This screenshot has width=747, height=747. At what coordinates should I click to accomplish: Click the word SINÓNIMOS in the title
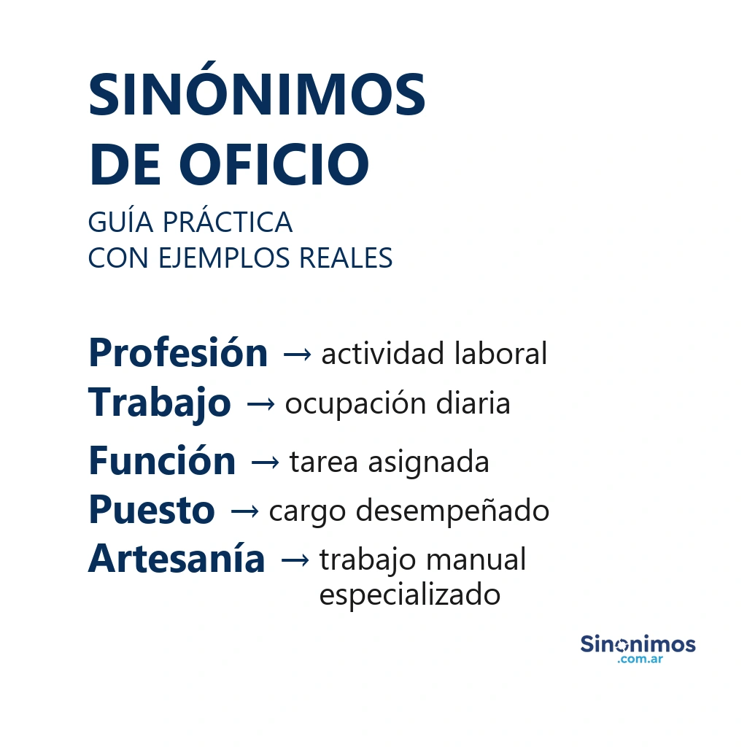tap(257, 96)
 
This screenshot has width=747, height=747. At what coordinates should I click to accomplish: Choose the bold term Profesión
tap(178, 354)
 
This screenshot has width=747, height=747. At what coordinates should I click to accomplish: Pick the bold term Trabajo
tap(160, 403)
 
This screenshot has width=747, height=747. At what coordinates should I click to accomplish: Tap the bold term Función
tap(162, 462)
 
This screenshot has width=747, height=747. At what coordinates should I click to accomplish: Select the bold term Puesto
tap(152, 511)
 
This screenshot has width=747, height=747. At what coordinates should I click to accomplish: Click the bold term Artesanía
tap(177, 560)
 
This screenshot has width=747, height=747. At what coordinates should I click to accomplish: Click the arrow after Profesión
tap(296, 355)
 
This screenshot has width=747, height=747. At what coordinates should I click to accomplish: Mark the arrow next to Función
tap(264, 462)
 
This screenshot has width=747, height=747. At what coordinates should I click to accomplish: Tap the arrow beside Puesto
tap(244, 511)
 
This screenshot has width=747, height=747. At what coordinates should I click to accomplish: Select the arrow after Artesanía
tap(294, 560)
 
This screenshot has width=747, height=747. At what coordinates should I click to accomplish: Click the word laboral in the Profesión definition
tap(500, 354)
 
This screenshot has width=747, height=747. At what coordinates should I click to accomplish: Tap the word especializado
tap(410, 595)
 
